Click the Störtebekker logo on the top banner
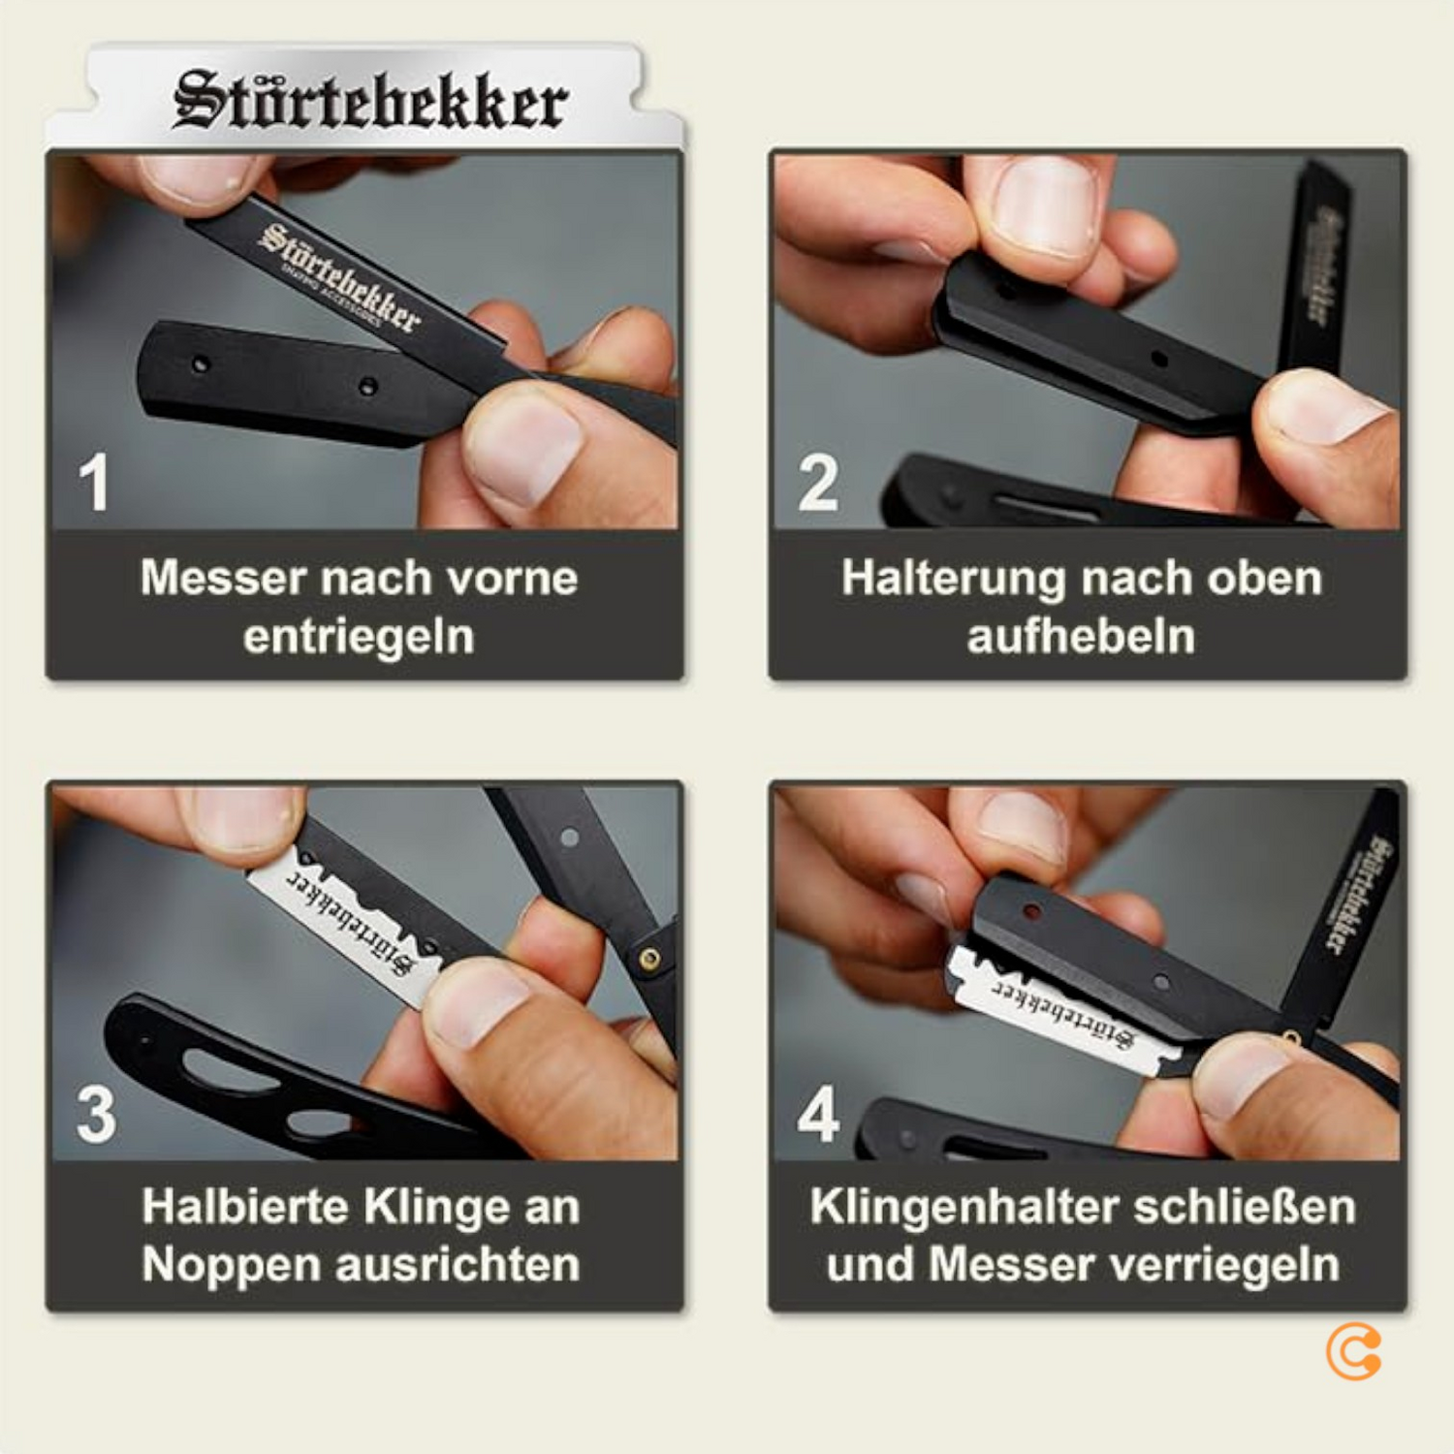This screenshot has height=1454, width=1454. [x=369, y=101]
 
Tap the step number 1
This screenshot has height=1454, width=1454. [x=94, y=482]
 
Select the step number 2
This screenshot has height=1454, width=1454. [x=818, y=482]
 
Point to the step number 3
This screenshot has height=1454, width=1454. [x=96, y=1114]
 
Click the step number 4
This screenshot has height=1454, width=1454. [x=818, y=1114]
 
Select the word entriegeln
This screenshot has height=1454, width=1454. [x=359, y=637]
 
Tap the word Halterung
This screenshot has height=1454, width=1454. [x=941, y=578]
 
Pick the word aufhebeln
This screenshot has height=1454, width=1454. [x=1081, y=637]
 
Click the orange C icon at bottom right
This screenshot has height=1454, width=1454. [x=1353, y=1352]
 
